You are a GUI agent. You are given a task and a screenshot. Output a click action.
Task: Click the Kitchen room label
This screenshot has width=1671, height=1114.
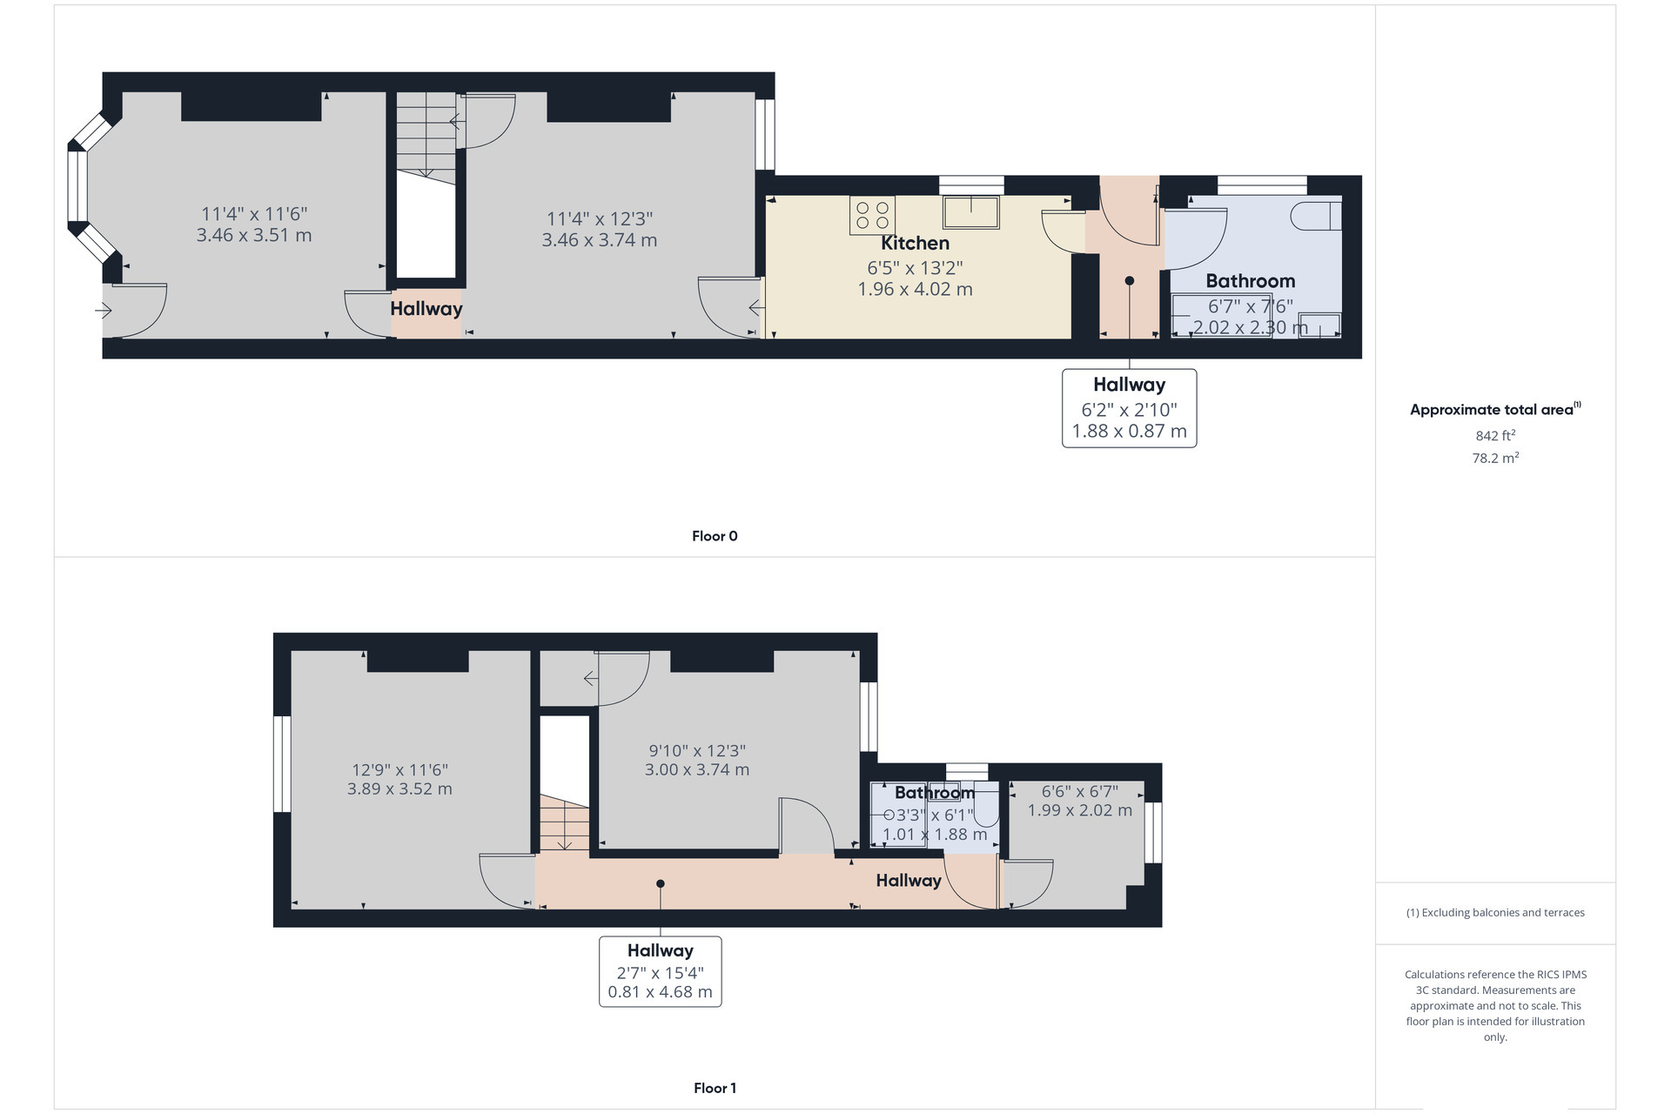pos(915,244)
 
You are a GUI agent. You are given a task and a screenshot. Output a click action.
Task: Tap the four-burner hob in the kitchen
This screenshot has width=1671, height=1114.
pos(872,216)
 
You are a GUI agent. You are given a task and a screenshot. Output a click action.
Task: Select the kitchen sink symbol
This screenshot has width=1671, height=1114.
pos(970,212)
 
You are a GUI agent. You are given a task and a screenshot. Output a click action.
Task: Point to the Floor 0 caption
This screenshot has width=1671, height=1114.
pos(715,536)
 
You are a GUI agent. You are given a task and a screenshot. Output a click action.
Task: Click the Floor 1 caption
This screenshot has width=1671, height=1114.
pos(715,1088)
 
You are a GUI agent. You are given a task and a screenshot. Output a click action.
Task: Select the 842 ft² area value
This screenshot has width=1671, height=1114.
pos(1495,435)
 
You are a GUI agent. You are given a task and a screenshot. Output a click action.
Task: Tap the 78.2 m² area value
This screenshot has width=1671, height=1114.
pos(1495,458)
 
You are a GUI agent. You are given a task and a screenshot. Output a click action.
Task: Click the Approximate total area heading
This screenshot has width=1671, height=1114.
pos(1495,409)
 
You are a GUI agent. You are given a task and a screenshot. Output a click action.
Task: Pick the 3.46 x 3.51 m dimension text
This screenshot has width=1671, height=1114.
pos(254,235)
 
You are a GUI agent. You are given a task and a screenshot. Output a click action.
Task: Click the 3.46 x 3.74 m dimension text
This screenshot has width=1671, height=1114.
pos(600,240)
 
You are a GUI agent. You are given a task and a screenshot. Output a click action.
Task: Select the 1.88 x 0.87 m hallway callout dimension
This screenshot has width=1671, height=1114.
pos(1130,432)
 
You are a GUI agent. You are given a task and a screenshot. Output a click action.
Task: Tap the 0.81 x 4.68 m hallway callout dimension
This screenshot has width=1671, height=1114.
pos(661,992)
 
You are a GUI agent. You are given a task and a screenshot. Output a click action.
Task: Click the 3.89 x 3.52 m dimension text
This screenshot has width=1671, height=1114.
pos(399,789)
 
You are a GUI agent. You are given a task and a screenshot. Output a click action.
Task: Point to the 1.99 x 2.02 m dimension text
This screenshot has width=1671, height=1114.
pos(1080,810)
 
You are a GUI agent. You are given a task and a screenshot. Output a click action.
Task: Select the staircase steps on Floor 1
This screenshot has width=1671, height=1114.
pos(564,823)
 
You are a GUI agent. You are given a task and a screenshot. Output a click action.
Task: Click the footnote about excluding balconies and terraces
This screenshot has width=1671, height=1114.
pos(1495,913)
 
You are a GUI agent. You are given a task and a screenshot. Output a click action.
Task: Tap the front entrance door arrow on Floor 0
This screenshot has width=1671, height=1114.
pos(104,310)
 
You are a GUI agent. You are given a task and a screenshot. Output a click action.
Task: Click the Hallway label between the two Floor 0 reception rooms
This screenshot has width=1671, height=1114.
pos(426,309)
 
